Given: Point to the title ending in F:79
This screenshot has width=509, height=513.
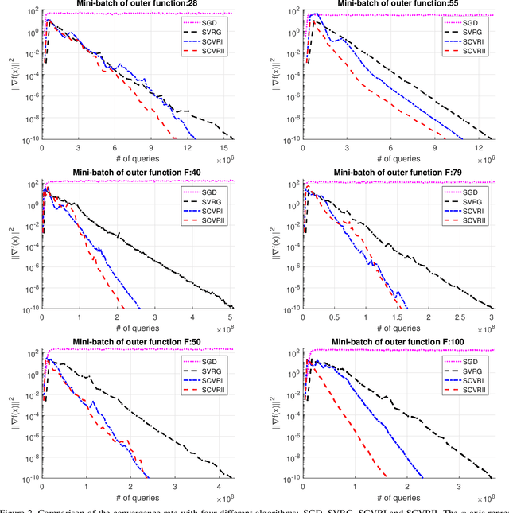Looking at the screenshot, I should point(398,172).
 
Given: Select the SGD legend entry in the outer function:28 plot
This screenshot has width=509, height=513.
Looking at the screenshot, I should point(215,20).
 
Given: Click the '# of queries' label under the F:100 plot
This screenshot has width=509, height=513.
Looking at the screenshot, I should point(398,495).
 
